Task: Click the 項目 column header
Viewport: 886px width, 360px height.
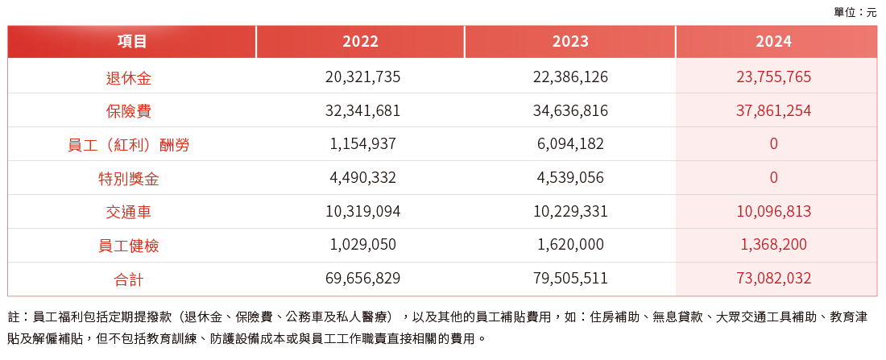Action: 132,42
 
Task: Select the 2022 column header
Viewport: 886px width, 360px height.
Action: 360,42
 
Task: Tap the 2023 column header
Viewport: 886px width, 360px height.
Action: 570,42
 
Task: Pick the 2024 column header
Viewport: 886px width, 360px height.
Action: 773,42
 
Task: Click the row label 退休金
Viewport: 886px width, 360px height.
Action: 129,78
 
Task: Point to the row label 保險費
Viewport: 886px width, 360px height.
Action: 129,111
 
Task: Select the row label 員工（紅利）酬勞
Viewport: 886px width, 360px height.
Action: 129,145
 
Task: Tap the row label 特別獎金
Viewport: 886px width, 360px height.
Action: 129,178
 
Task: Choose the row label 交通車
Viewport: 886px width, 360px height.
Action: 129,212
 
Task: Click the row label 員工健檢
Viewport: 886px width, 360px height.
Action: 129,245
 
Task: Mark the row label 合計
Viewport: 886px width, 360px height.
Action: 129,279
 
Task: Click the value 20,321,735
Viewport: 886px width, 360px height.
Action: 362,78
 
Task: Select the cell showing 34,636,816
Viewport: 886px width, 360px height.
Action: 570,111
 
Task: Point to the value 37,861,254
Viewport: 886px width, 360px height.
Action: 773,111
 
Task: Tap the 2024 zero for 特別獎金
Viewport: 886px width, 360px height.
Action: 773,178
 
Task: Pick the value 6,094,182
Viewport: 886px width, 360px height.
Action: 570,145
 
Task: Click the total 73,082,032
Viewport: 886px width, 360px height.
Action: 773,279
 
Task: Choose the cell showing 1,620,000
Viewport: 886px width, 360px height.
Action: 570,245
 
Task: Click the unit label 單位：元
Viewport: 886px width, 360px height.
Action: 855,12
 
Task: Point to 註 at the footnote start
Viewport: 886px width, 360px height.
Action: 14,317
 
